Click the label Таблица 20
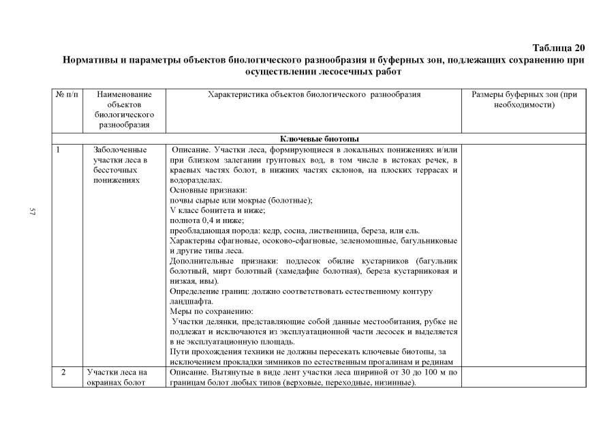point(558,48)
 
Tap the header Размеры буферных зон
point(523,100)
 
